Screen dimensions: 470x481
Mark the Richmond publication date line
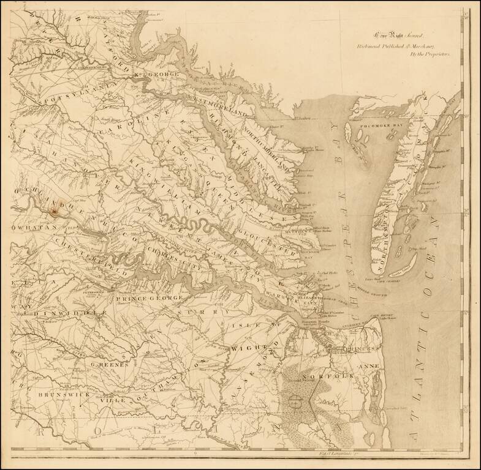click(401, 46)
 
